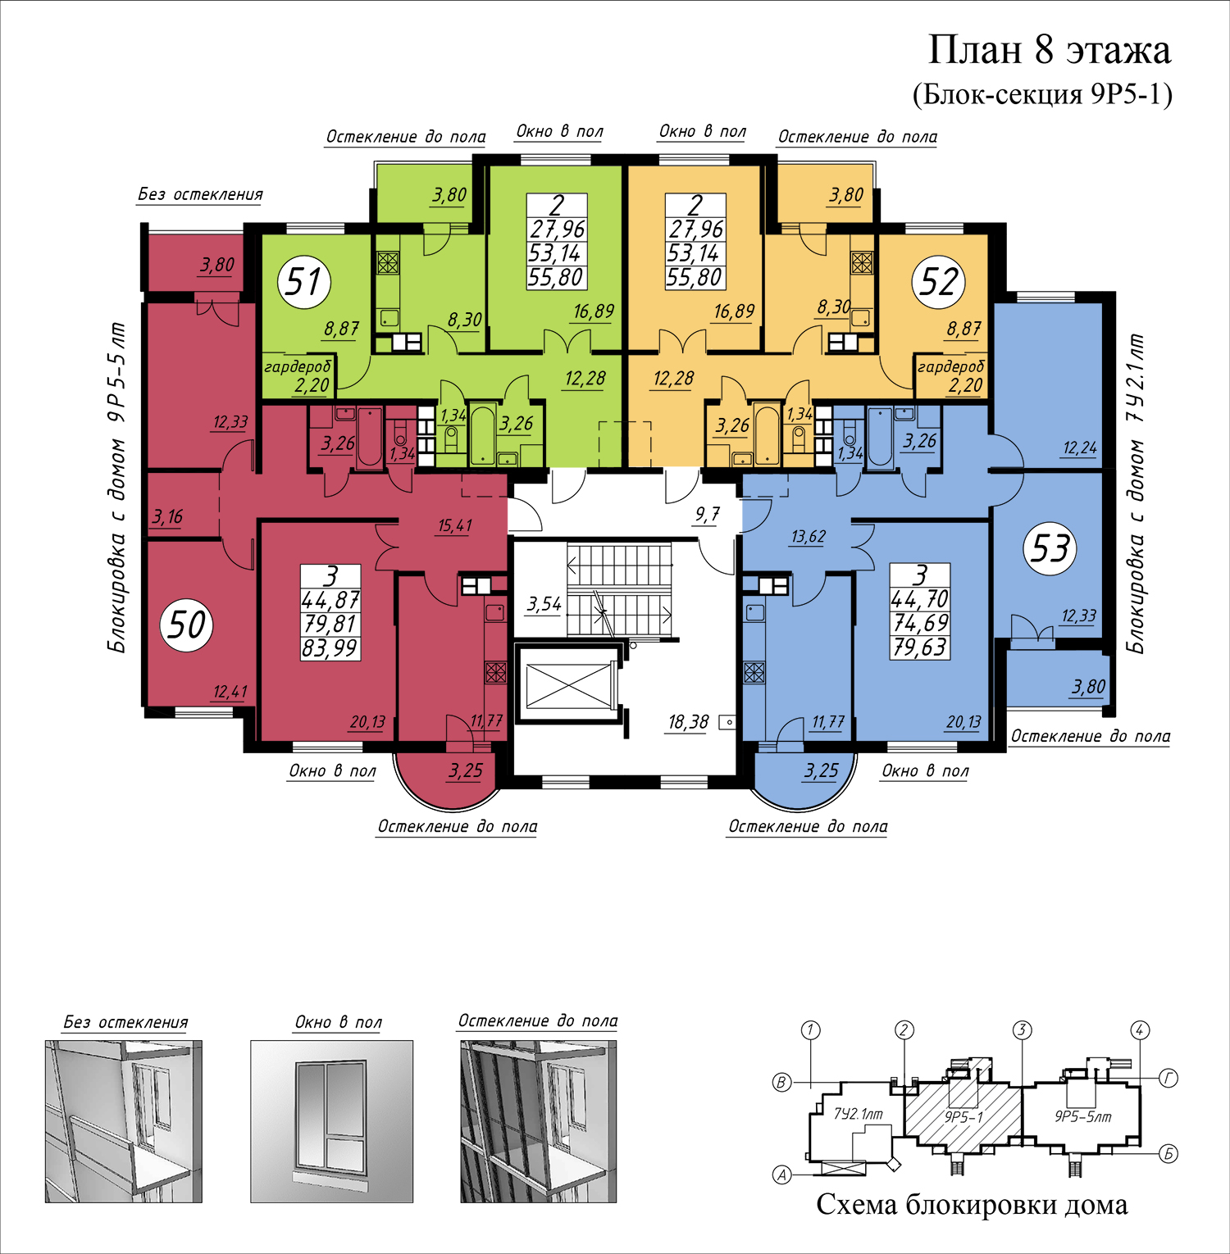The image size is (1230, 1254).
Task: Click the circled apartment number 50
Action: pos(187,625)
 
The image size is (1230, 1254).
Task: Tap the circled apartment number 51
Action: pos(304,282)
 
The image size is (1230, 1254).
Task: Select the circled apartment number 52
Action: pos(938,282)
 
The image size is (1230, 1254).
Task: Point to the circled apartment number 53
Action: pos(1050,548)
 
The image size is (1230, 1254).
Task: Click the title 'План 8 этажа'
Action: pos(1049,51)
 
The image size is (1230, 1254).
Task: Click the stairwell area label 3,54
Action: pos(544,605)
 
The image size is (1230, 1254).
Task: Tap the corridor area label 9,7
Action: pos(707,514)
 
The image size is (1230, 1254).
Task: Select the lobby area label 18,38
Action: pos(688,722)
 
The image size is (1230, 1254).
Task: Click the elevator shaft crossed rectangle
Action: pos(568,684)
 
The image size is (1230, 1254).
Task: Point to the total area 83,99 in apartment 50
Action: pos(330,648)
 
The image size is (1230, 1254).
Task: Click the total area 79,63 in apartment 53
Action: pos(920,647)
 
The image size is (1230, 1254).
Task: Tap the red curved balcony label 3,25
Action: pos(465,771)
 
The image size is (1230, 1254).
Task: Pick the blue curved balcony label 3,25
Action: pos(821,770)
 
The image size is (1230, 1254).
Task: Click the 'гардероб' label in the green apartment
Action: pos(298,366)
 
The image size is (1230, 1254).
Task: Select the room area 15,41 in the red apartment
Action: pos(454,525)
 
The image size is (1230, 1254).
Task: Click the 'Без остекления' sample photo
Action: pos(124,1121)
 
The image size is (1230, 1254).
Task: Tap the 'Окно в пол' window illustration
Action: pos(331,1121)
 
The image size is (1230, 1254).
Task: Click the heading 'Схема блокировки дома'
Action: pos(972,1205)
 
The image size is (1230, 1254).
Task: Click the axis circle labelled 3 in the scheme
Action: pos(1022,1030)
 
